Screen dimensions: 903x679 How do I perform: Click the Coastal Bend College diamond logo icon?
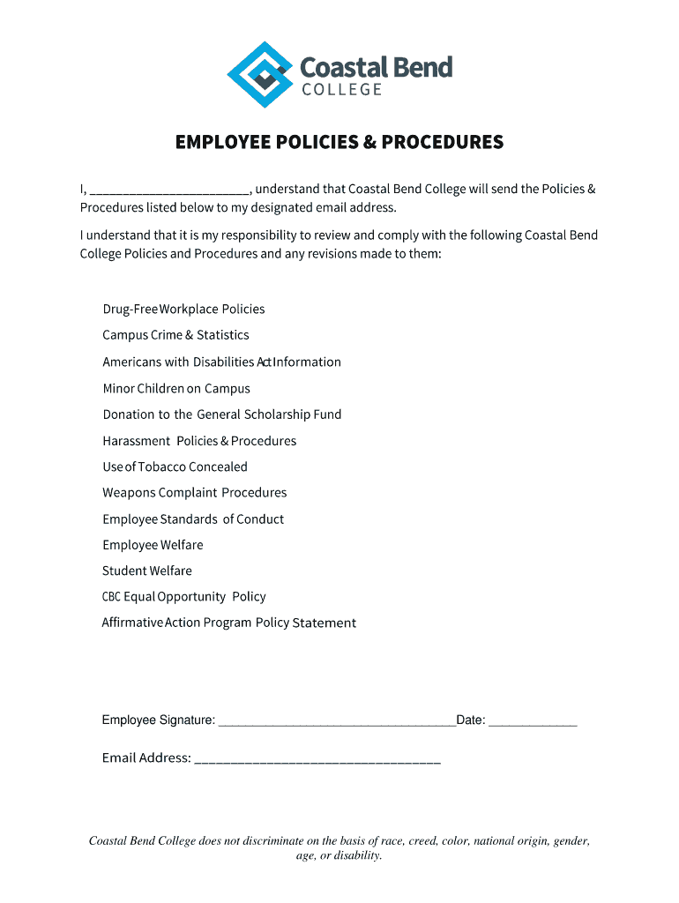point(260,74)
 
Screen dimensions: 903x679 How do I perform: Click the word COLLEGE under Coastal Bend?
point(341,90)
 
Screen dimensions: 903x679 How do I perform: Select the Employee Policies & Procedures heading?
point(339,142)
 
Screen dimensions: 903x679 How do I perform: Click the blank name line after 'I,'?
point(169,190)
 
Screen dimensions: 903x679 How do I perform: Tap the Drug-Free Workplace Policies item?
point(183,309)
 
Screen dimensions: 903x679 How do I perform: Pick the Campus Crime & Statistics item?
point(175,335)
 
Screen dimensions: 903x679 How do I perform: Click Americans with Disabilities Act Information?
point(221,362)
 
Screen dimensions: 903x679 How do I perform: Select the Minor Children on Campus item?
point(176,388)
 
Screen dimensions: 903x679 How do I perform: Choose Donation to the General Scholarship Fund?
point(222,414)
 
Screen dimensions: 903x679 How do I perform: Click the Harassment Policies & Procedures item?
point(199,441)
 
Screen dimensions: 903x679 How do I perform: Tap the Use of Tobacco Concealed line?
point(175,466)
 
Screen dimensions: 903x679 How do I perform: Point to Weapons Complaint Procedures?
point(195,492)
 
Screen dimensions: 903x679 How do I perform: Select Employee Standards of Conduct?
point(193,519)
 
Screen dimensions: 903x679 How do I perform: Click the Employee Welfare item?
point(153,545)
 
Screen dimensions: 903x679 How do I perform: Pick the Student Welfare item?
point(147,571)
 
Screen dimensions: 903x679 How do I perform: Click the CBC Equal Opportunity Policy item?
point(183,597)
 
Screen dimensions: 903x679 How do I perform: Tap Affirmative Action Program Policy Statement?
point(229,623)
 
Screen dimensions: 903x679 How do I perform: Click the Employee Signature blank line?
point(336,721)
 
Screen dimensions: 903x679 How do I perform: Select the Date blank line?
point(533,721)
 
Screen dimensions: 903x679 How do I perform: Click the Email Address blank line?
point(317,758)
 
